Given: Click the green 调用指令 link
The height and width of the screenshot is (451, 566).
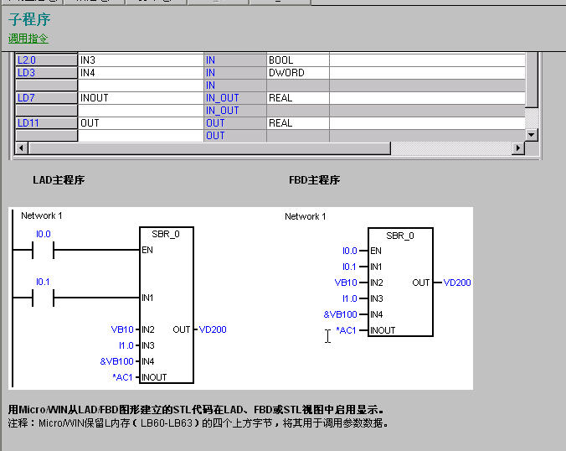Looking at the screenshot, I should [x=28, y=39].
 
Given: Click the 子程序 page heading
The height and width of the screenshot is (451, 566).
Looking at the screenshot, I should [x=29, y=19].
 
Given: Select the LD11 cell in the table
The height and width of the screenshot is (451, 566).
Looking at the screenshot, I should [x=29, y=123].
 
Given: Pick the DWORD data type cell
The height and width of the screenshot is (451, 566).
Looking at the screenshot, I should [x=286, y=73].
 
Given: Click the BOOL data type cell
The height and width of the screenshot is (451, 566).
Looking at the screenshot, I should [x=281, y=60].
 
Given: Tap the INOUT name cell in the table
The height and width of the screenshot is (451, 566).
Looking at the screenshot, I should [x=95, y=98].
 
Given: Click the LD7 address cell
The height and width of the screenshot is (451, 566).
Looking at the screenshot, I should [x=27, y=98].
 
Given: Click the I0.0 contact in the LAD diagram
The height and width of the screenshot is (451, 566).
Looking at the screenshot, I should [x=42, y=250].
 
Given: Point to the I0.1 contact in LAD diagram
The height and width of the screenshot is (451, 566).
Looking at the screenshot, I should [x=42, y=298].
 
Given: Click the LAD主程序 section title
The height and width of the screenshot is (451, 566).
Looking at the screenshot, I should [x=59, y=180].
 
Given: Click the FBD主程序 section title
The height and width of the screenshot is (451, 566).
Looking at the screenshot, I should [x=314, y=180].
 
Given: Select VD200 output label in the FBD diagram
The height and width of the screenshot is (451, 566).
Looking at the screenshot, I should [x=457, y=283].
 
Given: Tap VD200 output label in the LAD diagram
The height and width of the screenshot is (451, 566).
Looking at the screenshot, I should [x=213, y=329].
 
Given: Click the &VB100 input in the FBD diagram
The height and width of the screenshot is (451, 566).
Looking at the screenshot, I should [x=341, y=314].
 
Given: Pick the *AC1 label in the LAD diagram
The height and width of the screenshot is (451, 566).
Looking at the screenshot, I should [x=123, y=377].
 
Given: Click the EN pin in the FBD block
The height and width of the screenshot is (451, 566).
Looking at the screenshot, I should [x=376, y=251].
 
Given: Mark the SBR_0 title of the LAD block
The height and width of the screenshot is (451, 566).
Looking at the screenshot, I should [x=166, y=235].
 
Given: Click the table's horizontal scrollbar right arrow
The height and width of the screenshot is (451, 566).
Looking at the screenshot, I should [x=519, y=148].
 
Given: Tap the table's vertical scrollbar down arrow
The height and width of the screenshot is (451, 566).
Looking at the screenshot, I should [x=531, y=135].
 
